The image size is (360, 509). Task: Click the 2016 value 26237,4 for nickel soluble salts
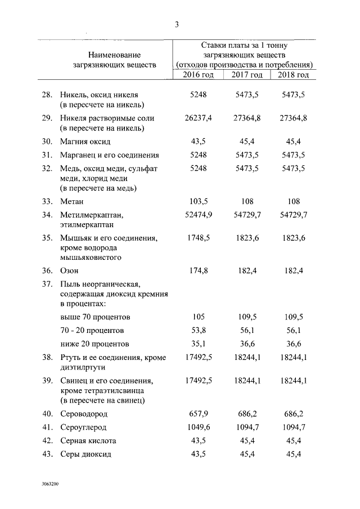click(x=198, y=119)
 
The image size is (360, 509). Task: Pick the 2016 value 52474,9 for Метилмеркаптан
click(x=198, y=215)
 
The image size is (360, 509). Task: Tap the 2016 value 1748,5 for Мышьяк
click(x=198, y=238)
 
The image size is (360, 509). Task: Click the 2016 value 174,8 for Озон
click(x=198, y=271)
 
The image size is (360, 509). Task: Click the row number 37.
click(x=47, y=284)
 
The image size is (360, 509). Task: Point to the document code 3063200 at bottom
click(x=49, y=483)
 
